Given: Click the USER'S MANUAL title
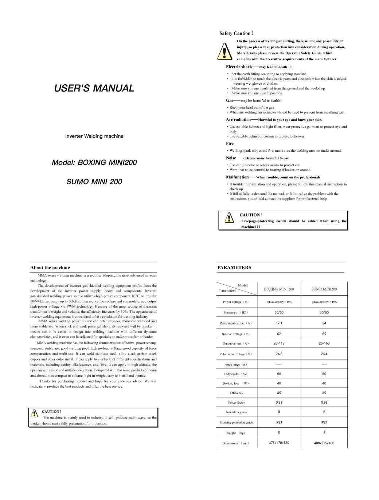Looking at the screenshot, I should [x=94, y=88].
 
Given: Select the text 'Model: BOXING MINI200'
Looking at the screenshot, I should [x=94, y=162].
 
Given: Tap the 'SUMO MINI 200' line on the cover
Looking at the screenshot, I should [x=94, y=182].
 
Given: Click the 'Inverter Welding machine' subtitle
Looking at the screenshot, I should [x=94, y=136].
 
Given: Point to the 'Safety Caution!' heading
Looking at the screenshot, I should [x=236, y=33].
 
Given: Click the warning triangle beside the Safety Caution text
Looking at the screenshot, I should [x=224, y=51].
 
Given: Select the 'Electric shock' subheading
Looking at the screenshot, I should [x=239, y=67].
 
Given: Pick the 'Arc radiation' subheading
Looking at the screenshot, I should [x=238, y=119].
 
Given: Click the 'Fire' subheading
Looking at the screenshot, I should [x=230, y=143].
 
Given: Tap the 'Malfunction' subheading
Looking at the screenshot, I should [x=237, y=177].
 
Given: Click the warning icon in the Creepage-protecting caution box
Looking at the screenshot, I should [x=228, y=218].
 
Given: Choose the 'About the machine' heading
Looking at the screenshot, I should [x=50, y=268].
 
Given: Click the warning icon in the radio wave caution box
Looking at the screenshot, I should [x=34, y=413].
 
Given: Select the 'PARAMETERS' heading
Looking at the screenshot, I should [x=234, y=268].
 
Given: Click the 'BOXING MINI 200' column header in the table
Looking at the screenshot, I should [x=279, y=289].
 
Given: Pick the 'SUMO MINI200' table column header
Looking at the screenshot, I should [x=324, y=289].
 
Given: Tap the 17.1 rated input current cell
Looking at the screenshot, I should [x=279, y=323].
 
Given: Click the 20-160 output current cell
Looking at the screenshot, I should [x=324, y=343].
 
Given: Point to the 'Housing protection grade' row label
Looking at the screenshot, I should [x=236, y=423].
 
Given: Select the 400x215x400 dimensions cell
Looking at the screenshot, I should [x=324, y=443].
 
